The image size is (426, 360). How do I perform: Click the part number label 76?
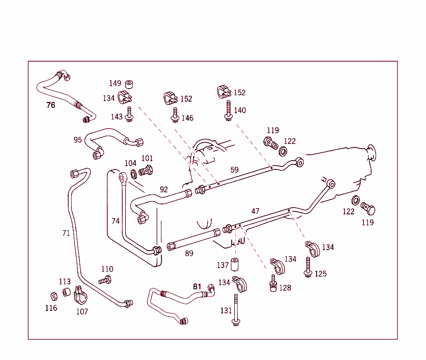click(x=51, y=105)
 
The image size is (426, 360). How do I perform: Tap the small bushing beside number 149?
click(x=129, y=84)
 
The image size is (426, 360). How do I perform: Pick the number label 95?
click(x=78, y=140)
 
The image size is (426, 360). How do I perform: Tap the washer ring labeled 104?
click(x=134, y=174)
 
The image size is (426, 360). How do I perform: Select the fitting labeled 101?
click(x=146, y=171)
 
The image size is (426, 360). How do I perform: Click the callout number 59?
click(x=235, y=170)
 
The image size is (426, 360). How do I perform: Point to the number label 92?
click(x=164, y=189)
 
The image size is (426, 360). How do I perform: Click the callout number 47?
click(x=255, y=211)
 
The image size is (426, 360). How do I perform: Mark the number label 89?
click(x=189, y=253)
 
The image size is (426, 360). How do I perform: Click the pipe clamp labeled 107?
click(x=79, y=296)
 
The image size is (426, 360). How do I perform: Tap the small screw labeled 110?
click(x=105, y=280)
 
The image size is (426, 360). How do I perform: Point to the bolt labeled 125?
click(x=308, y=267)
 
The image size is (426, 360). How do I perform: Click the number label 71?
click(x=66, y=233)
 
